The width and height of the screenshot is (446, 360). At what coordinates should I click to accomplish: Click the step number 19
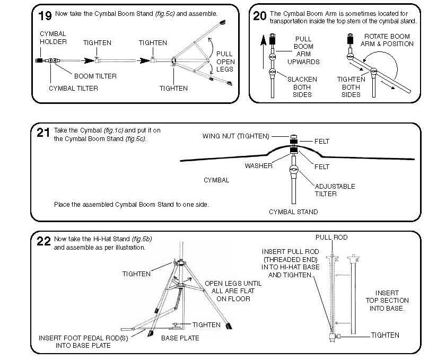click(x=45, y=15)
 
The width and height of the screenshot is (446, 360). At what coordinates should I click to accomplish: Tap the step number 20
click(x=260, y=15)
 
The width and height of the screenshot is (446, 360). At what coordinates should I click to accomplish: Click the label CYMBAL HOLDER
click(x=54, y=38)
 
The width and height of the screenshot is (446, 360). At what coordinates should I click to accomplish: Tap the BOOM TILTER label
click(x=95, y=76)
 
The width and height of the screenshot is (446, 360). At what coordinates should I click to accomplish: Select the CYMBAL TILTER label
click(x=73, y=88)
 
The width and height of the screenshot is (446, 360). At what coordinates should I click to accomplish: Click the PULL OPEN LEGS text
click(x=225, y=62)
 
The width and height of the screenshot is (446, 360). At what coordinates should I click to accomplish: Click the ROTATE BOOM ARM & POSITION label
click(x=387, y=40)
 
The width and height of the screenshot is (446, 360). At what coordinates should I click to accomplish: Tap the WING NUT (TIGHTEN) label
click(x=236, y=136)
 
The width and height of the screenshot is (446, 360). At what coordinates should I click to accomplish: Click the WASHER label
click(x=258, y=165)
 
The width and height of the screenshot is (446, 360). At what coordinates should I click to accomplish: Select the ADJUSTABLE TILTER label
click(x=335, y=190)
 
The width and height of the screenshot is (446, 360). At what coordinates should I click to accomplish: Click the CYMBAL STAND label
click(x=293, y=212)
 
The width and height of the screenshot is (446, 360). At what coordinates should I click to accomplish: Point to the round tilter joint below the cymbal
click(x=294, y=170)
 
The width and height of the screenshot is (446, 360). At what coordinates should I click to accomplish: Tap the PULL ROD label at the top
click(x=331, y=238)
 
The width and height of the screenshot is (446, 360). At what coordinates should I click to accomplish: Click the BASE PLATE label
click(x=180, y=338)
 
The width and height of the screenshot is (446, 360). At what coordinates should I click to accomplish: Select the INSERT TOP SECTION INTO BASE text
click(x=387, y=301)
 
